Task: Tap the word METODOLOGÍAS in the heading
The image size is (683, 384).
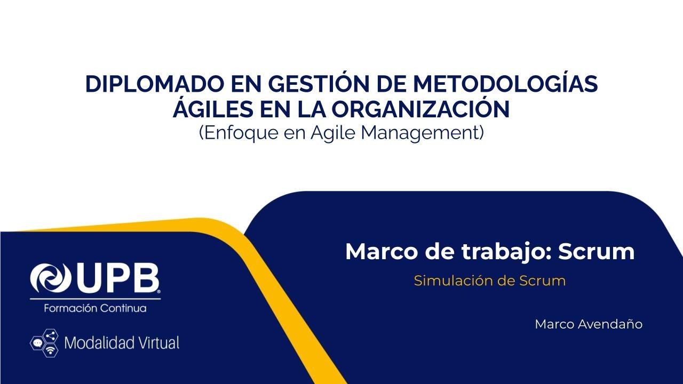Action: pos(506,85)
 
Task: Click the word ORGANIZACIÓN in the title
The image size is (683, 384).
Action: pos(420,109)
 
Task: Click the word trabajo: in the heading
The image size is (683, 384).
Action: pos(500,251)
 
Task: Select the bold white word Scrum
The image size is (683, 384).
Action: pos(597,251)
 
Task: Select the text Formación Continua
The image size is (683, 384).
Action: pos(95,308)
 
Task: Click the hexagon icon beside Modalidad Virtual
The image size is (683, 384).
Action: pos(44,342)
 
